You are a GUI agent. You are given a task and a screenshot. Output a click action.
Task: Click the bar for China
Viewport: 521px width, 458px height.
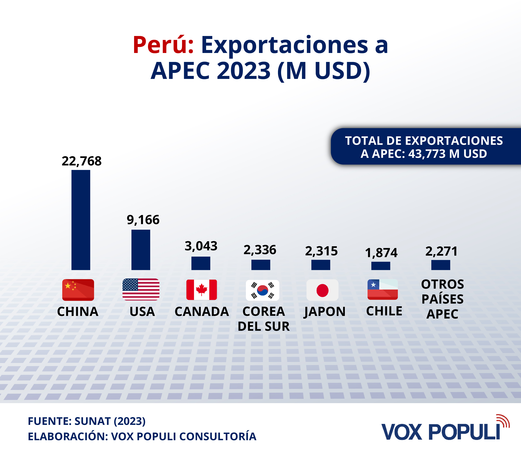click(81, 220)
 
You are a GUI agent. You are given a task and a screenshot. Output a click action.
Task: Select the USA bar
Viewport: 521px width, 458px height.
click(141, 250)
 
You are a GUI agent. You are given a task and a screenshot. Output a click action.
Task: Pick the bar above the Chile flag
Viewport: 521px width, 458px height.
click(381, 266)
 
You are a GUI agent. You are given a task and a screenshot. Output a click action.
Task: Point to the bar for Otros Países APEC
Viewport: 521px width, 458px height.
click(440, 265)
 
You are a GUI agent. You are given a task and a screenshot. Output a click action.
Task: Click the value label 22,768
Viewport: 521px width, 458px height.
click(82, 161)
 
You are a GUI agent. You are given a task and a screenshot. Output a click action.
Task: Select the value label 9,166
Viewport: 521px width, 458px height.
click(143, 220)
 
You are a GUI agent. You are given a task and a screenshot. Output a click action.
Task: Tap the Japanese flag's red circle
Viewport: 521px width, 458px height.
click(322, 290)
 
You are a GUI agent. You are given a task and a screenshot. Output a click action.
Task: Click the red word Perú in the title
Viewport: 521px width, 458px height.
click(163, 45)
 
